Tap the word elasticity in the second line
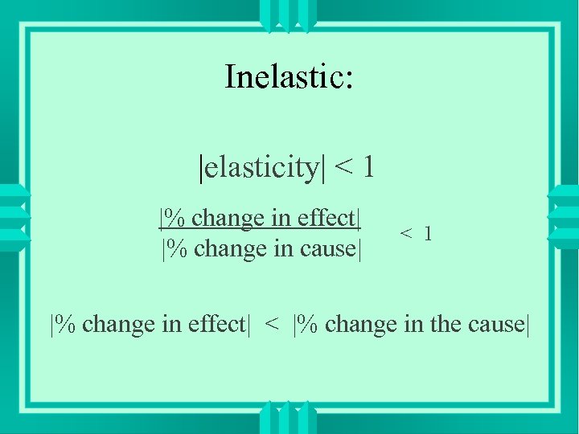[261, 167]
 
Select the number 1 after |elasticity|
[368, 167]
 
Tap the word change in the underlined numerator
[228, 218]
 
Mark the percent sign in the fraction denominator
[179, 248]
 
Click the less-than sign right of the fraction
[407, 234]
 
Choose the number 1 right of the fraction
[428, 234]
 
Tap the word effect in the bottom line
[215, 324]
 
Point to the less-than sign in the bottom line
[273, 325]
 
